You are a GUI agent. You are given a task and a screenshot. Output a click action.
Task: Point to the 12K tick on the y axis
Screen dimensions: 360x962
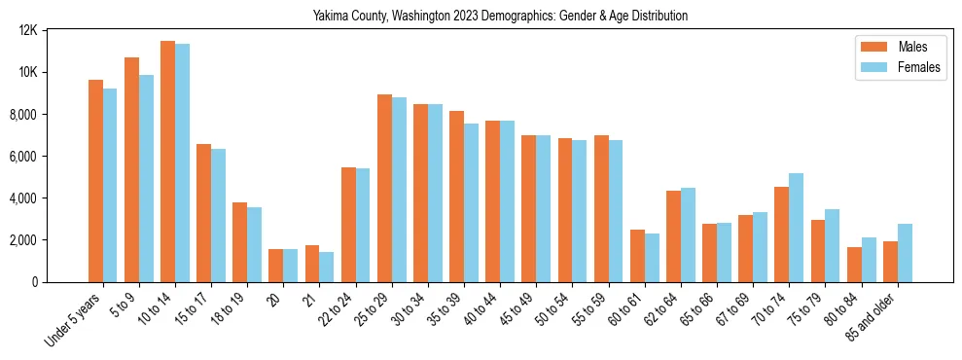click(x=28, y=30)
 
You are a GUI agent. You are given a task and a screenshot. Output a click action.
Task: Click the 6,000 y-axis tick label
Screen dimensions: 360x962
click(x=24, y=156)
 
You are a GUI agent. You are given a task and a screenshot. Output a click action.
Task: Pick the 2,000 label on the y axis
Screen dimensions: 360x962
click(x=24, y=239)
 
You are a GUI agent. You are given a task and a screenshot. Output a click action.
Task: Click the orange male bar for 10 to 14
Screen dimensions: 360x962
click(x=167, y=162)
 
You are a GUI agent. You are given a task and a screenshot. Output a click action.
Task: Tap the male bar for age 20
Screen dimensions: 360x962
click(x=275, y=266)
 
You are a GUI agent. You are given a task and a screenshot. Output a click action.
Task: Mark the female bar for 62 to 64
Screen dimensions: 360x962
click(x=688, y=234)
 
